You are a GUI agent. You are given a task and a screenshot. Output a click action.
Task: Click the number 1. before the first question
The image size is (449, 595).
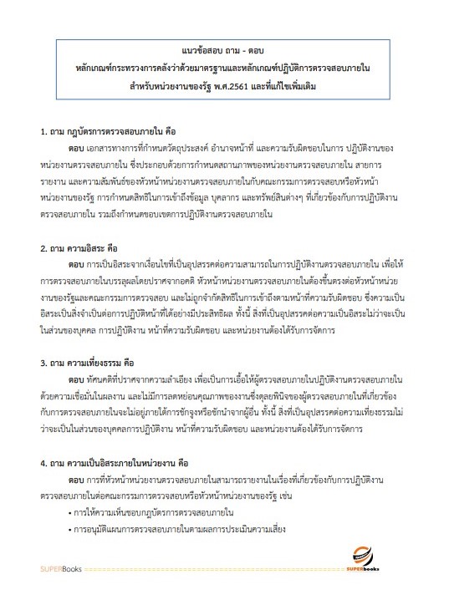(45, 132)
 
